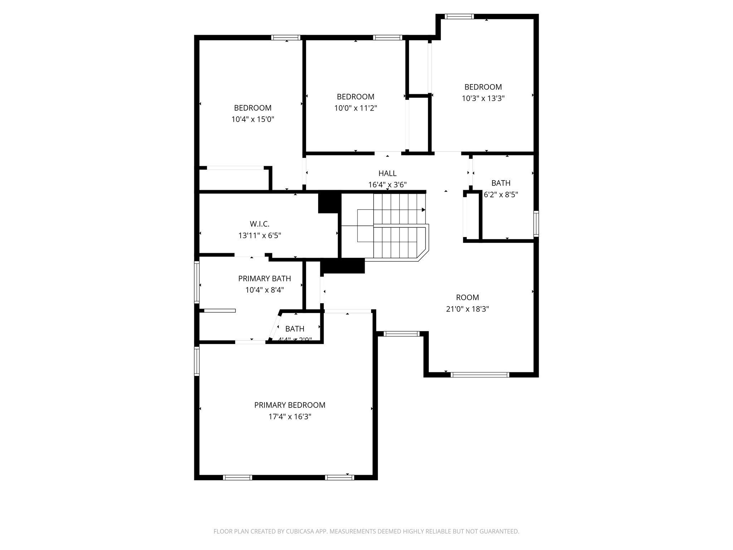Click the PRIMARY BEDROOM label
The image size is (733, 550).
(290, 405)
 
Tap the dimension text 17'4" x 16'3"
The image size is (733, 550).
(290, 417)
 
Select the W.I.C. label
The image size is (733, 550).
(259, 224)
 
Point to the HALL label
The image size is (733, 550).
(387, 173)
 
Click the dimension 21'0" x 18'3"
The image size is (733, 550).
(467, 309)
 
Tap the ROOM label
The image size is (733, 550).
(467, 297)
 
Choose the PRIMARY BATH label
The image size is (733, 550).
(264, 278)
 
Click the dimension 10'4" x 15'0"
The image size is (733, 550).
(253, 119)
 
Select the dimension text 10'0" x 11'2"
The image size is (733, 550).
(355, 108)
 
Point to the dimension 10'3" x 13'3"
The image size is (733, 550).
(483, 98)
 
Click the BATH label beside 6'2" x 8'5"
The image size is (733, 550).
(501, 183)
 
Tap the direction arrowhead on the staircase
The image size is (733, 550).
(423, 210)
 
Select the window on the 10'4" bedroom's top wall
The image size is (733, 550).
(286, 37)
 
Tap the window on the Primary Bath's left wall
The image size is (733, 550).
(196, 282)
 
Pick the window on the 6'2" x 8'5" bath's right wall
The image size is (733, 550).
(536, 224)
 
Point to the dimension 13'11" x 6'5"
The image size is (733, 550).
(259, 236)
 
